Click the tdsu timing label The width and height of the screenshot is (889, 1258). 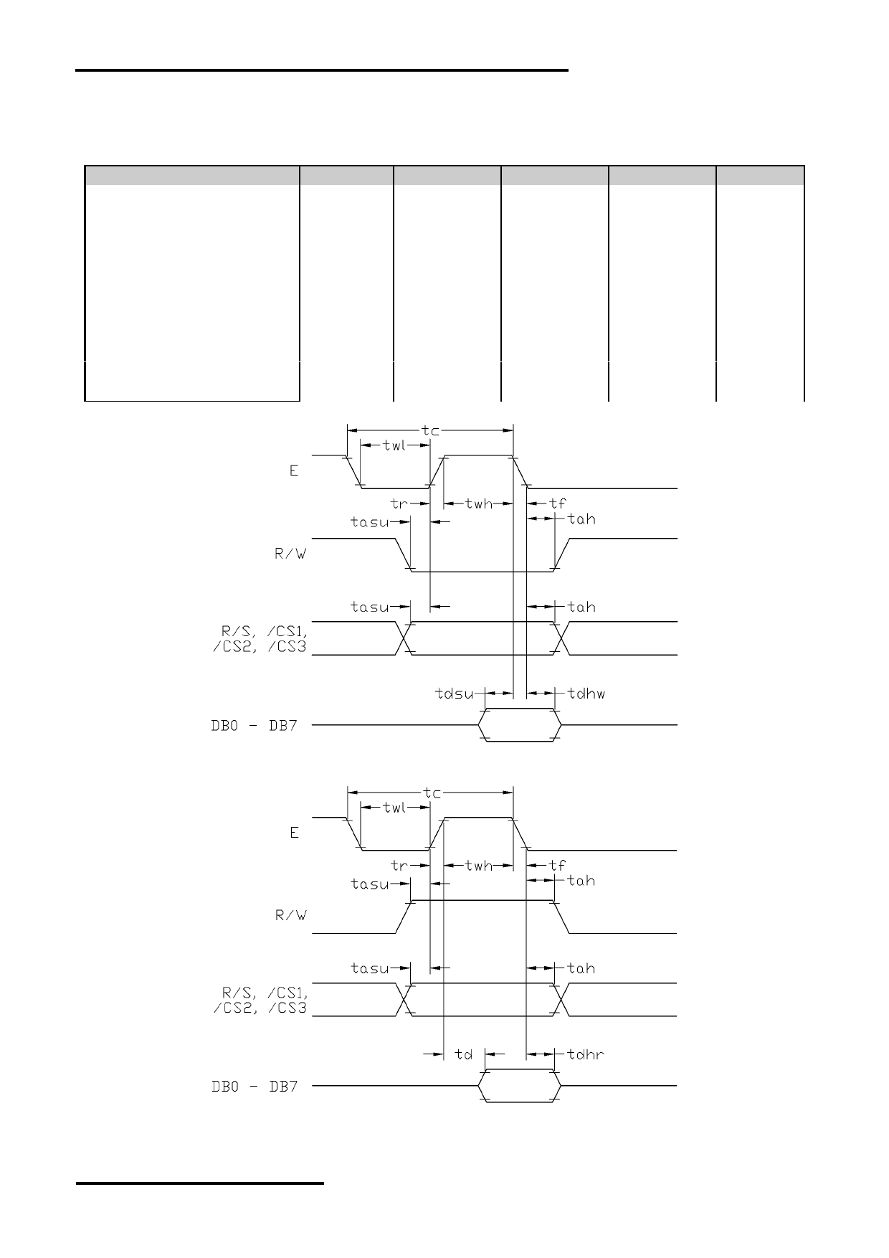click(x=455, y=694)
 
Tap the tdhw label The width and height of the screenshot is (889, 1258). click(x=586, y=694)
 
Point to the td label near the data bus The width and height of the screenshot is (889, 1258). click(x=464, y=1054)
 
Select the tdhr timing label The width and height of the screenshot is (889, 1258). click(x=586, y=1054)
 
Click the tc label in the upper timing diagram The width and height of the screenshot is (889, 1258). click(x=430, y=430)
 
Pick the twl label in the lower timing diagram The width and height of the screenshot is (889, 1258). click(x=394, y=808)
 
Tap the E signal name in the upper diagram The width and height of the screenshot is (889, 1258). click(x=294, y=471)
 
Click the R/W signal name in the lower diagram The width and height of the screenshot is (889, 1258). click(x=291, y=916)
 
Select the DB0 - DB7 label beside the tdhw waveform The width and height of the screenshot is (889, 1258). click(x=255, y=725)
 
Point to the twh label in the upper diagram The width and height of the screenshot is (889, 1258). click(x=479, y=503)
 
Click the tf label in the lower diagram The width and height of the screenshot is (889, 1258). click(x=557, y=865)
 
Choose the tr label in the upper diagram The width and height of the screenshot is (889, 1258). click(x=399, y=503)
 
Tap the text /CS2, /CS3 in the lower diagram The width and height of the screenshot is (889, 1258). click(x=260, y=1008)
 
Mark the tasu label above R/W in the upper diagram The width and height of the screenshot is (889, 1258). click(x=370, y=522)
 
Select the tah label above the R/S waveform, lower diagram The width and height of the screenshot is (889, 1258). click(x=581, y=968)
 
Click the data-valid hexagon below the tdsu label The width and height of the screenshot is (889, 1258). click(x=520, y=725)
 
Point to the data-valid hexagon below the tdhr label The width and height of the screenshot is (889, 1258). click(x=520, y=1086)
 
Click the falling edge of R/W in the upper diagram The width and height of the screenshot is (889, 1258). click(x=404, y=554)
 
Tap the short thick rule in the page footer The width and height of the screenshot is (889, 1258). click(x=200, y=1183)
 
